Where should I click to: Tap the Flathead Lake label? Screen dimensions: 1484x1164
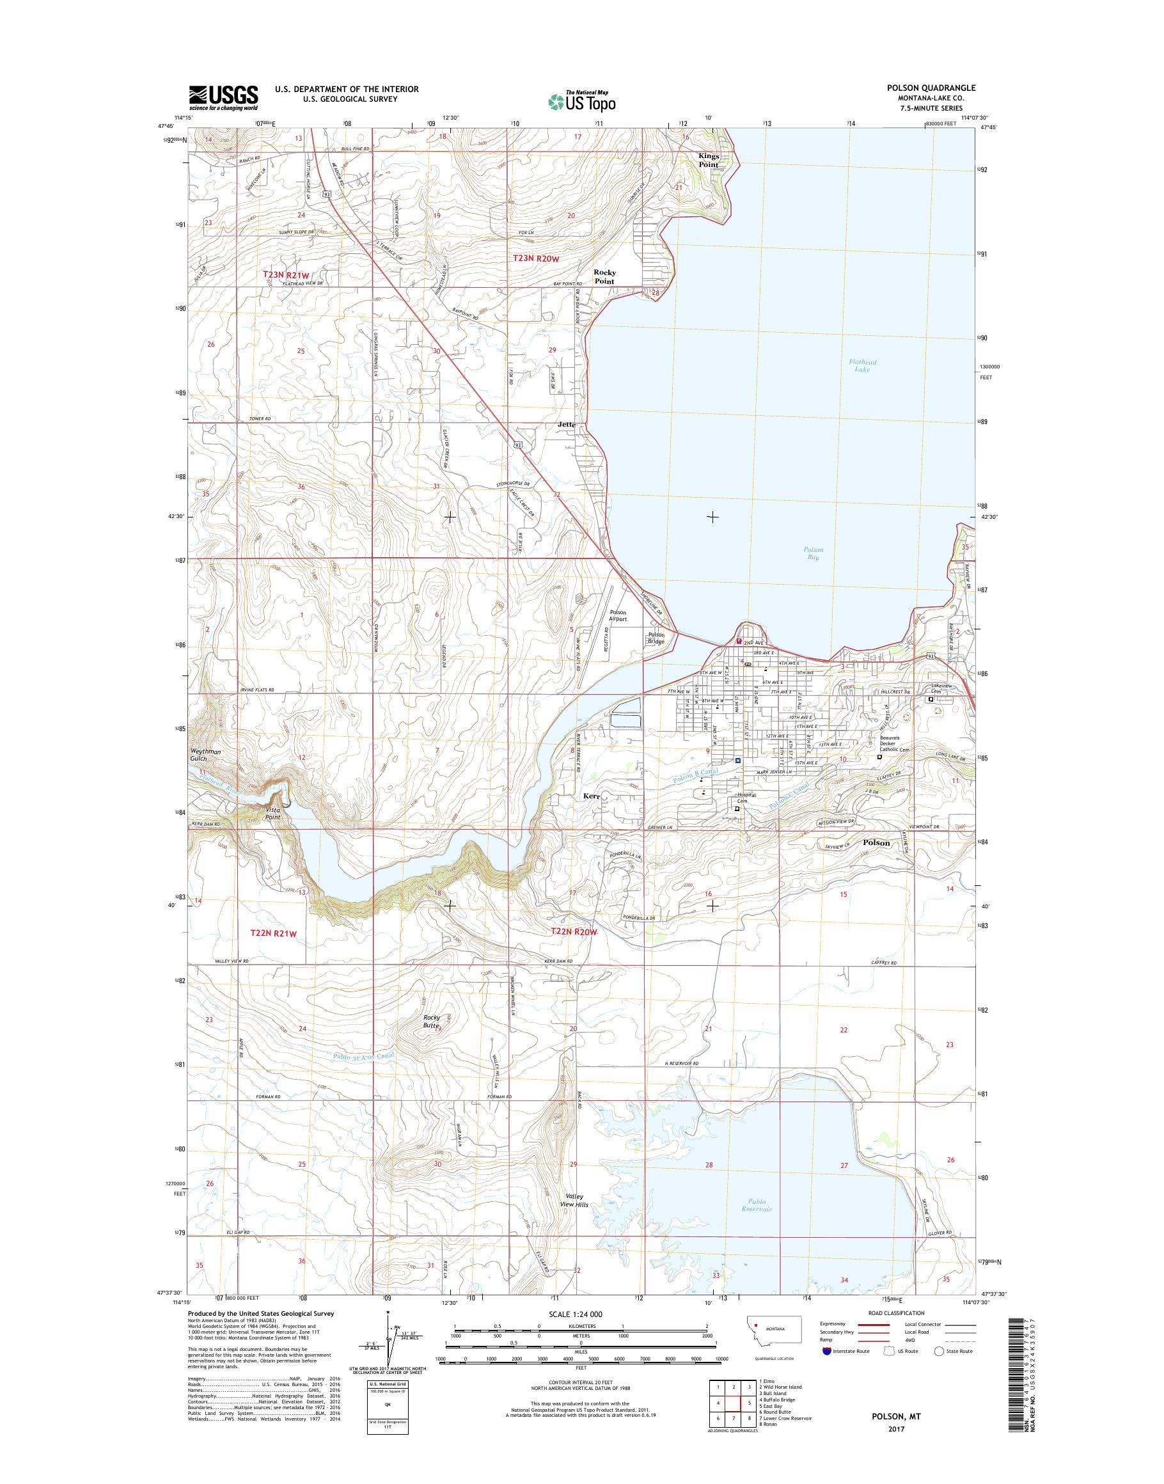point(862,365)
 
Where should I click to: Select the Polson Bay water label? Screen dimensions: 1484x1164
point(812,553)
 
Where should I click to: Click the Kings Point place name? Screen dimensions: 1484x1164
point(708,160)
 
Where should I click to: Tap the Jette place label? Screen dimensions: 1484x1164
point(566,424)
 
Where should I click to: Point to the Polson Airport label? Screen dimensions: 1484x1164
point(617,616)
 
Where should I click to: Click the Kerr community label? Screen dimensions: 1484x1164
point(590,796)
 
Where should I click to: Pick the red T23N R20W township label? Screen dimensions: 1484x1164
point(536,258)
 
